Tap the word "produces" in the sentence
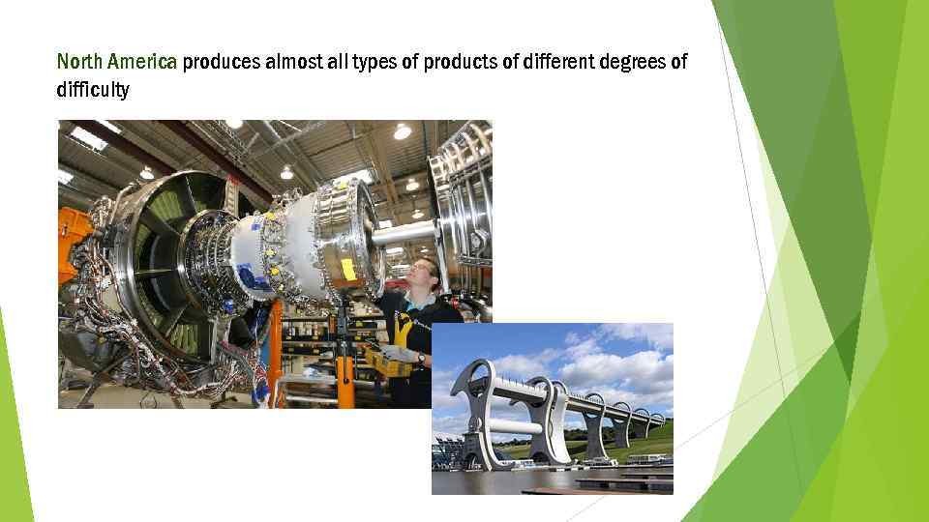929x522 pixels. click(x=221, y=63)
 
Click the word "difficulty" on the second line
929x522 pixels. click(x=93, y=90)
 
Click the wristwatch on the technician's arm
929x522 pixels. click(x=421, y=357)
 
